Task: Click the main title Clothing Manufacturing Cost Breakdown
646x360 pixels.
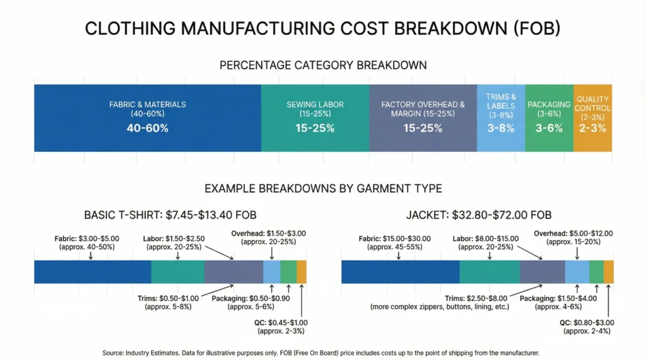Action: pyautogui.click(x=322, y=29)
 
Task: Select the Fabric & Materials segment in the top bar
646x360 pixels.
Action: pyautogui.click(x=148, y=117)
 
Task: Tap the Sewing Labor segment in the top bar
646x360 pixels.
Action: pyautogui.click(x=315, y=117)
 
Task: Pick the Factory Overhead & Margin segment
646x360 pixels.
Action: pyautogui.click(x=423, y=117)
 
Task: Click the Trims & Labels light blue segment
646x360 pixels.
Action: pyautogui.click(x=501, y=117)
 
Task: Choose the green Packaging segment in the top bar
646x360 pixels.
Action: pyautogui.click(x=549, y=117)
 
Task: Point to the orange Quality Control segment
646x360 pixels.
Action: pyautogui.click(x=592, y=117)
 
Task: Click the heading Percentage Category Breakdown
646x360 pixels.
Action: pyautogui.click(x=322, y=66)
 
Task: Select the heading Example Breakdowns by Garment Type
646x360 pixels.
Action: pyautogui.click(x=322, y=188)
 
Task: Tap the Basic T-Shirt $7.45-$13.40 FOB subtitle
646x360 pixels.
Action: pyautogui.click(x=170, y=215)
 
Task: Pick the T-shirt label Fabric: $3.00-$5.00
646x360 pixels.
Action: pyautogui.click(x=91, y=243)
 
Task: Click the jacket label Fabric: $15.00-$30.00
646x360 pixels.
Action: pyautogui.click(x=396, y=243)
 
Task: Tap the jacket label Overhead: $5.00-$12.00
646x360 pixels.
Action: pyautogui.click(x=573, y=237)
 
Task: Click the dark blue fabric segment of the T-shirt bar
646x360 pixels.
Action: pyautogui.click(x=92, y=271)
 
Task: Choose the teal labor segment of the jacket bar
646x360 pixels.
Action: pyautogui.click(x=490, y=271)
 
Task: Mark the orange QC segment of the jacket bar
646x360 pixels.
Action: pyautogui.click(x=609, y=271)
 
